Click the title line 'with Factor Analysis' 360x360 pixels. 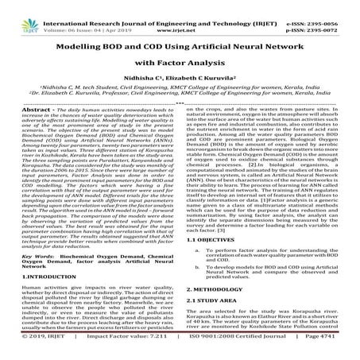coord(179,61)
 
